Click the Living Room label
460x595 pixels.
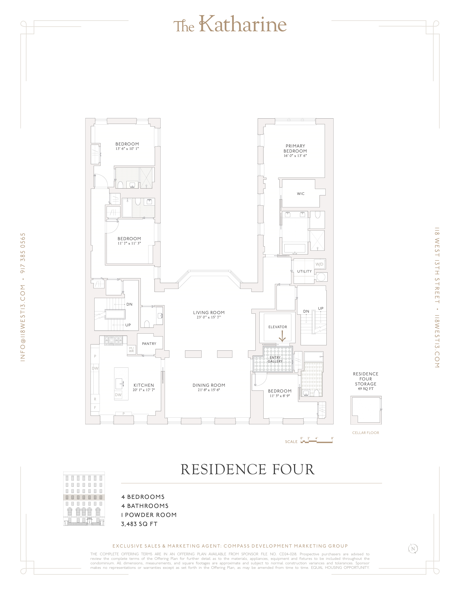(x=209, y=312)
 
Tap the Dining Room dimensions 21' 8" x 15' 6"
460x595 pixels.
(x=209, y=390)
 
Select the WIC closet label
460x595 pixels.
(x=301, y=194)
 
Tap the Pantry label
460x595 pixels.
(x=149, y=343)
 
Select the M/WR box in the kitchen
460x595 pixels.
(x=131, y=350)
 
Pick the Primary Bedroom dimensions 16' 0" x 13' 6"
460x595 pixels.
(x=295, y=156)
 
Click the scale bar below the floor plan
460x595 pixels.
(x=316, y=442)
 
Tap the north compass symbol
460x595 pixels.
(x=413, y=549)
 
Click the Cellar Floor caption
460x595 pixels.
(x=365, y=433)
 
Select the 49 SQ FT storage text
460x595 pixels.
(x=365, y=389)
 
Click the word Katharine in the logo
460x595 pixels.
(x=242, y=25)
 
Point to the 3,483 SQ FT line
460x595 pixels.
(x=139, y=524)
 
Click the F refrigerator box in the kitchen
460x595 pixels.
(x=95, y=407)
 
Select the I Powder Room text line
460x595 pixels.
(x=149, y=515)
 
